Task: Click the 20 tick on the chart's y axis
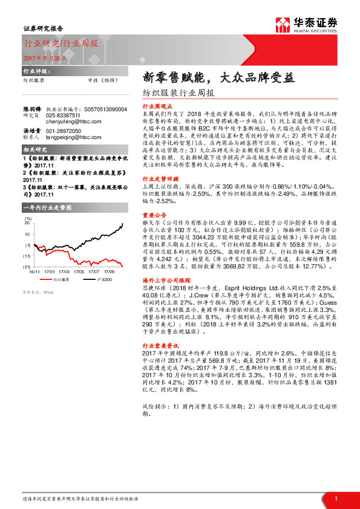click(x=27, y=223)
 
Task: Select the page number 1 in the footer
click(x=336, y=498)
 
